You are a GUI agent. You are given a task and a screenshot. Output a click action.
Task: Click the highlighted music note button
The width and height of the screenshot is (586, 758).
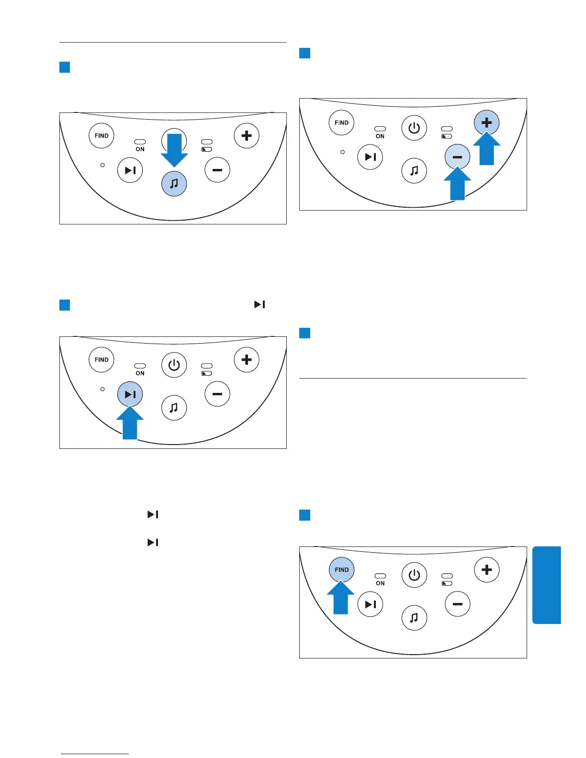[174, 184]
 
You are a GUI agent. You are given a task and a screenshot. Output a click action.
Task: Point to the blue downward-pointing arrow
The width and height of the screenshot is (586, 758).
[174, 149]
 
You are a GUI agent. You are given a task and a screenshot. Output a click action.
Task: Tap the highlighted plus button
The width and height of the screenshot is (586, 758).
[486, 123]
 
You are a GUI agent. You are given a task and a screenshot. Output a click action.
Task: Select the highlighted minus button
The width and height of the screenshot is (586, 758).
[457, 157]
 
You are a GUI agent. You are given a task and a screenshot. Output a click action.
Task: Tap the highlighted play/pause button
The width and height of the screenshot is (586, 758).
[130, 394]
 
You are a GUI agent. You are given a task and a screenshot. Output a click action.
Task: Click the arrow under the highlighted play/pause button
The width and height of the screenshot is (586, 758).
[130, 423]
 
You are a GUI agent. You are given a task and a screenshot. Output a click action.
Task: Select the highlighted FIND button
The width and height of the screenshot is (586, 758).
[342, 570]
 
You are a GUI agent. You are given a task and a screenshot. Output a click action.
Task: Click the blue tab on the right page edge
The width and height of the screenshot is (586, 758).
[546, 585]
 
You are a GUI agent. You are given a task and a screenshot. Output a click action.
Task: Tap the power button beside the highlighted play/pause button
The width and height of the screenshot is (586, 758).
[174, 366]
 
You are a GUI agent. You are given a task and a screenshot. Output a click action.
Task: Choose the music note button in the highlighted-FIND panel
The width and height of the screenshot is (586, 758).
[414, 618]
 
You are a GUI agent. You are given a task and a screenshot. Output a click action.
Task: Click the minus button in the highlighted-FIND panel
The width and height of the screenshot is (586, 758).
[458, 604]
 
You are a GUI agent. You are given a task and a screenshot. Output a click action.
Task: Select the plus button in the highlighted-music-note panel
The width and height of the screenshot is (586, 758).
[247, 136]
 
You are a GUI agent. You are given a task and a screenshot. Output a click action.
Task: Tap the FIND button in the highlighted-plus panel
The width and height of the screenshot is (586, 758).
[342, 123]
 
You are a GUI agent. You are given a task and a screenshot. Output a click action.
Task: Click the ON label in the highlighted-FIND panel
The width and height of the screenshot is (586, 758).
[380, 583]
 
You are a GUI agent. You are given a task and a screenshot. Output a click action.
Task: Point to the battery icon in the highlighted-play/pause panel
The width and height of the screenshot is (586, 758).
[207, 373]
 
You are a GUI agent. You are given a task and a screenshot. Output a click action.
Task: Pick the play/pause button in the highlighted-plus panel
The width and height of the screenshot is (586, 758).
[371, 157]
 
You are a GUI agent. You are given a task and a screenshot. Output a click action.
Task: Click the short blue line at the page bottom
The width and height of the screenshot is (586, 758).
[95, 754]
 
